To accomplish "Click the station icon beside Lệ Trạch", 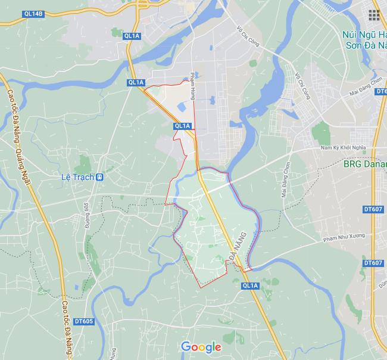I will coord(99,177).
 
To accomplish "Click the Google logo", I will coord(201,347).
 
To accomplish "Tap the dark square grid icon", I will coord(374,15).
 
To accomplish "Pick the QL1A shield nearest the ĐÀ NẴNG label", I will coord(250,287).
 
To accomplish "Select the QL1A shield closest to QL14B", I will coord(132,36).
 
